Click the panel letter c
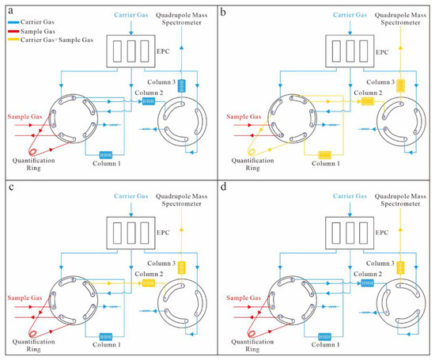(x=7, y=187)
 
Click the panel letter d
(x=224, y=187)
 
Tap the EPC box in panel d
(x=335, y=231)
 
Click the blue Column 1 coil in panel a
(x=107, y=153)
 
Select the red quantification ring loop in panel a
(x=36, y=148)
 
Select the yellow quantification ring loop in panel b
(x=253, y=148)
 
